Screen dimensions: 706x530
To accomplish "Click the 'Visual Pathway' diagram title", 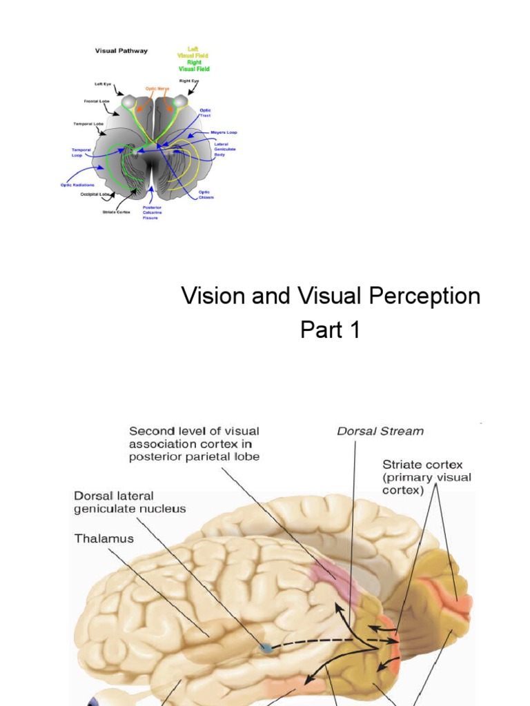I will (x=121, y=50).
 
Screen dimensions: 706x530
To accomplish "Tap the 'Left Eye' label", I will (x=104, y=84).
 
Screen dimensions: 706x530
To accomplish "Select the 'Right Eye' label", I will (x=190, y=81).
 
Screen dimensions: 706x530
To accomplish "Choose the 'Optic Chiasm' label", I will (x=206, y=194).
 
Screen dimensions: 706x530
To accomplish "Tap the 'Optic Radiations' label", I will (x=77, y=184).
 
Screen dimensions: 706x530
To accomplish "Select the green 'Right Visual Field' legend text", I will (x=194, y=65).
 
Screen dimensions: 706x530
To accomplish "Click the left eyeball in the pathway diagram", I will (x=129, y=102).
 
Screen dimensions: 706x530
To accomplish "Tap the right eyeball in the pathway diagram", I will (x=180, y=102).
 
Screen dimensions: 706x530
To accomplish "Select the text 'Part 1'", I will (x=330, y=330).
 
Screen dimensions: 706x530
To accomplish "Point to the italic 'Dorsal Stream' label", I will (x=380, y=432).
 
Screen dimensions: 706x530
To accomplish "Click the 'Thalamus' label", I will (x=104, y=537).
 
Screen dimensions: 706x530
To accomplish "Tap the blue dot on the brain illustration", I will (x=266, y=648).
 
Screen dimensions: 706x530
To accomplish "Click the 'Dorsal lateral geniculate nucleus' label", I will (x=130, y=502).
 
